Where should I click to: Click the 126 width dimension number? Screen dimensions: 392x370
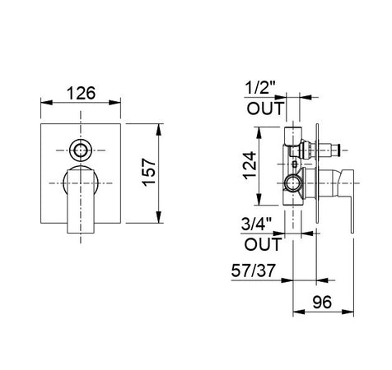coord(82,93)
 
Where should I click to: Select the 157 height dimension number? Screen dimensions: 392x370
coord(150,172)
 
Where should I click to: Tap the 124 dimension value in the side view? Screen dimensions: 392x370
coord(250,165)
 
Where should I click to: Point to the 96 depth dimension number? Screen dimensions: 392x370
coord(322,303)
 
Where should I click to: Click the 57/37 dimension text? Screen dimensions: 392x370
coord(253,271)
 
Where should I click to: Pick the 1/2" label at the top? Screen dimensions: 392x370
coord(259,88)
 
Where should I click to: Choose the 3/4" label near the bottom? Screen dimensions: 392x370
coord(256,224)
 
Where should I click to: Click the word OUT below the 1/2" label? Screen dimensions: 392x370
coord(264,109)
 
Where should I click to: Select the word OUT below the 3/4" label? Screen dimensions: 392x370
coord(263,244)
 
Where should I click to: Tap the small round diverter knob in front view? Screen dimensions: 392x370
coord(81,150)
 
